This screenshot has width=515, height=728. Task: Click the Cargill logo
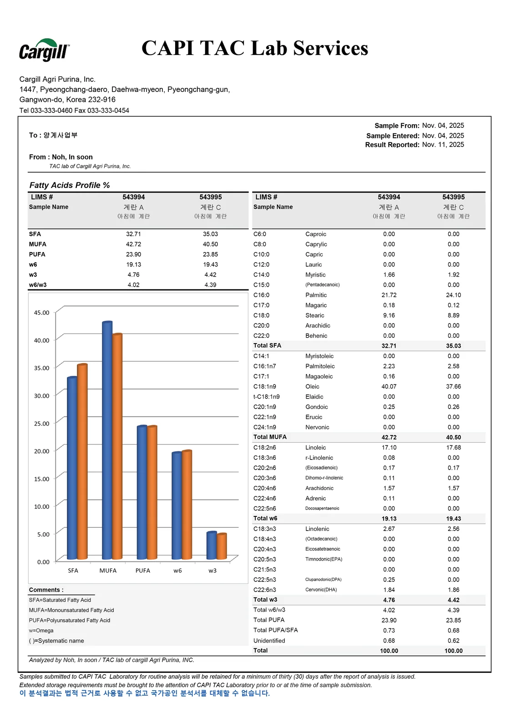tap(44, 50)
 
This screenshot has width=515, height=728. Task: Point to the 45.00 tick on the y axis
tap(41, 313)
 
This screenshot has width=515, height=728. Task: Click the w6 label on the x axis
tap(177, 571)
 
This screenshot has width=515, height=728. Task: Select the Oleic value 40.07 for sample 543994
tap(389, 387)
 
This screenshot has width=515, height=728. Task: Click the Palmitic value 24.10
tap(453, 295)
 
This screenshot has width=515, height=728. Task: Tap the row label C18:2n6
tap(264, 448)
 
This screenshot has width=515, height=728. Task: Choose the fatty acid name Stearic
tap(314, 315)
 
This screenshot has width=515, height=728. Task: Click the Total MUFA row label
tap(270, 437)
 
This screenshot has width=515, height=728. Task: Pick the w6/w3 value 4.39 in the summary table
tap(210, 285)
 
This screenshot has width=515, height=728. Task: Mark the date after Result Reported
tap(443, 145)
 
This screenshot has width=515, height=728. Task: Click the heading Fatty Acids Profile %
tap(70, 185)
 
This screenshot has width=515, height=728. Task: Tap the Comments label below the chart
tap(46, 590)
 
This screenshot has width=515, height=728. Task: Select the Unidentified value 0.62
tap(453, 641)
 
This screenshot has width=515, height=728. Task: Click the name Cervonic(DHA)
tap(321, 590)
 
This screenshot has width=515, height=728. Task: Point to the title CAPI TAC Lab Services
tap(254, 48)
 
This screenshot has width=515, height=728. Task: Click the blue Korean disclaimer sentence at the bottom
tap(145, 693)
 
